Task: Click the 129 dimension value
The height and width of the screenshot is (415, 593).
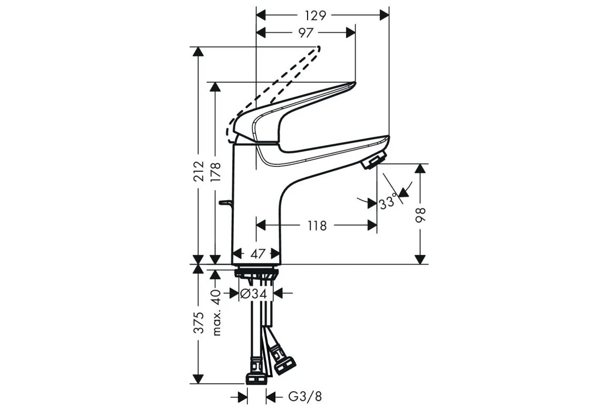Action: (x=316, y=15)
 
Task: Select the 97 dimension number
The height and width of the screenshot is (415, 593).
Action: (x=306, y=33)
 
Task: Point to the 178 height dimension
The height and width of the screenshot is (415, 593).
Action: (x=216, y=173)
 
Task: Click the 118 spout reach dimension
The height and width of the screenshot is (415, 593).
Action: (x=317, y=226)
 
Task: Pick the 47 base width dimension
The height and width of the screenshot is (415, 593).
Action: (x=259, y=253)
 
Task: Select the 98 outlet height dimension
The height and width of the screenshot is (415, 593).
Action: (x=421, y=215)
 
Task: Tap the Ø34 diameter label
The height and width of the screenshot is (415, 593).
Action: (x=254, y=293)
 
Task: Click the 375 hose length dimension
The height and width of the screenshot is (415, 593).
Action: (x=199, y=323)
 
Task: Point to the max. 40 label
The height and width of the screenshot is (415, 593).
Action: (x=216, y=313)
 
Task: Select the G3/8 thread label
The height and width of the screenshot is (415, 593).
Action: (x=305, y=397)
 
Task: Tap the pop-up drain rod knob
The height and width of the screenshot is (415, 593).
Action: (x=225, y=204)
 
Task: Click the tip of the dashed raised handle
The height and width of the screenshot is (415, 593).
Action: (x=319, y=48)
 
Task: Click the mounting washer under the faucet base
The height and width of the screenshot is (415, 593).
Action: (x=256, y=272)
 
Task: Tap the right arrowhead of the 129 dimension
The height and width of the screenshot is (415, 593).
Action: (x=384, y=15)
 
